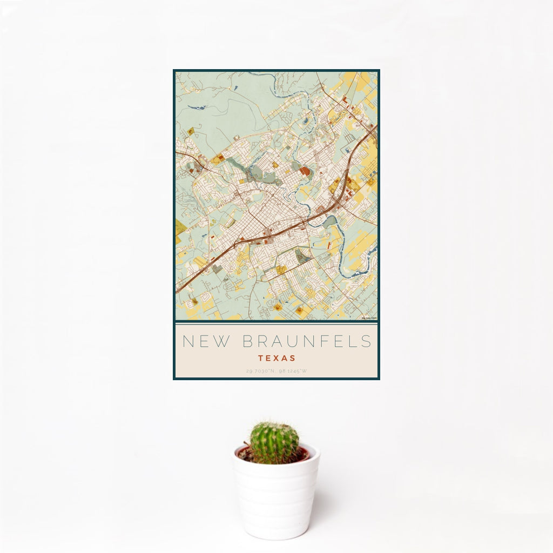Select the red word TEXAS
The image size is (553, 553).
276,358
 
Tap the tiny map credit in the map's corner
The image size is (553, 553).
369,318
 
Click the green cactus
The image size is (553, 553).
274,443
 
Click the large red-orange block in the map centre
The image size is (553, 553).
305,171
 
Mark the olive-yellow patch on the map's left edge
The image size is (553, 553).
180,227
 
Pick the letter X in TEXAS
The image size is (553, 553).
276,358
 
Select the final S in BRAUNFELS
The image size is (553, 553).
367,341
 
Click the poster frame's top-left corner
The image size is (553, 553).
174,70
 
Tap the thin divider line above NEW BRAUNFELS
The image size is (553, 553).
276,322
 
